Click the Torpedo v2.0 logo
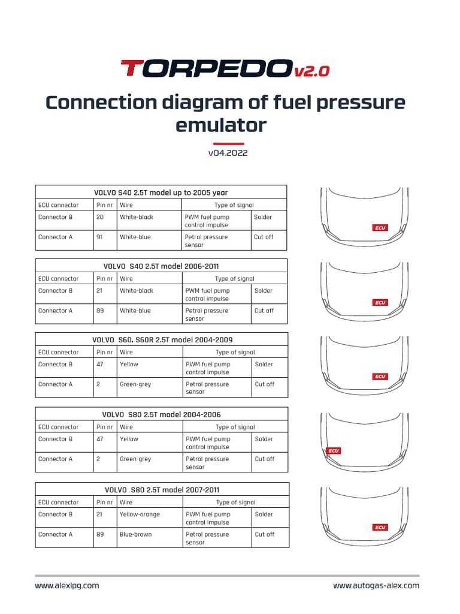click(225, 69)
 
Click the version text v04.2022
click(228, 153)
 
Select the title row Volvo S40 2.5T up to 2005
click(161, 192)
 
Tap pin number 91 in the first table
click(100, 237)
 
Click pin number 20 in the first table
click(100, 217)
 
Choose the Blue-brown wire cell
click(136, 534)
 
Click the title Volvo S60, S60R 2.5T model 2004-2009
click(161, 339)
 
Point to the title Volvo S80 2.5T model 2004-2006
click(161, 414)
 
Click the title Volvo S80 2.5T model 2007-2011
click(161, 489)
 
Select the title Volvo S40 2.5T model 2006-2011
click(161, 266)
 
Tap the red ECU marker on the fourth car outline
click(334, 450)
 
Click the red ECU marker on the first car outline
click(380, 228)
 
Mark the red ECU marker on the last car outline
click(380, 527)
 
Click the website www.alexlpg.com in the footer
click(67, 586)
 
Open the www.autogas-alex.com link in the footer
click(376, 586)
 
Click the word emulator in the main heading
click(220, 125)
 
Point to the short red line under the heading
click(228, 143)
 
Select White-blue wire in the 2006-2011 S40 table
click(135, 311)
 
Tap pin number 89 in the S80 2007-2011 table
click(100, 534)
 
